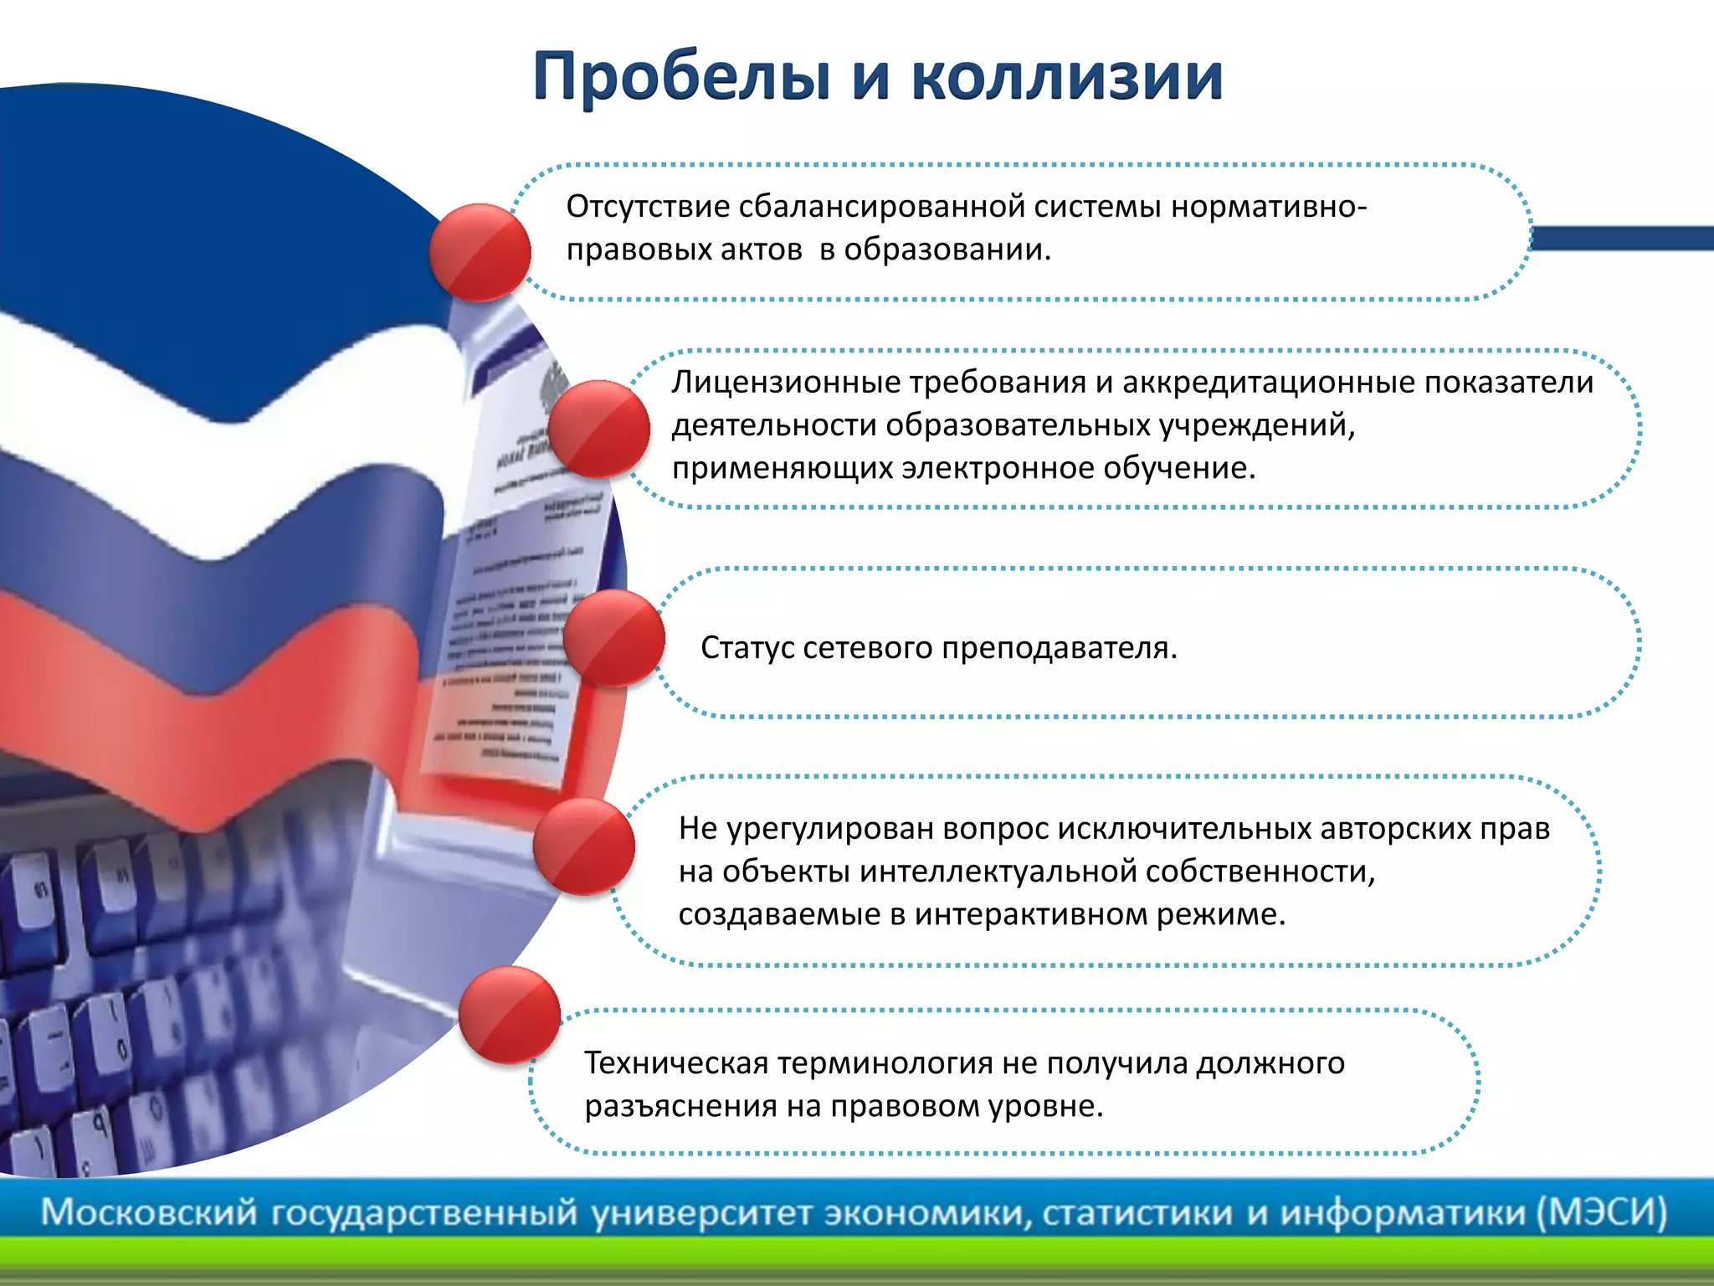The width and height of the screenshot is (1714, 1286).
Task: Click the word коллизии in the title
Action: click(x=1066, y=77)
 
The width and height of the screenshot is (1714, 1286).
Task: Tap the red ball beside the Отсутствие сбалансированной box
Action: click(x=480, y=252)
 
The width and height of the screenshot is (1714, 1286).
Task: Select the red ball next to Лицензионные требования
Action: click(x=599, y=429)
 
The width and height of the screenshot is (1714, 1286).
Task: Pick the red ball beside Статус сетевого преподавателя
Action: click(x=613, y=638)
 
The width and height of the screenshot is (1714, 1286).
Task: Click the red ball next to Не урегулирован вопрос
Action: click(x=583, y=846)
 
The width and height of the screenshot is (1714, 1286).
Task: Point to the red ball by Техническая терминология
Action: click(x=510, y=1015)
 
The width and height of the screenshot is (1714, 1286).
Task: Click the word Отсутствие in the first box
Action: click(x=648, y=206)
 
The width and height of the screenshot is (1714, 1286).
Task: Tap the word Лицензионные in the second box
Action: click(x=786, y=383)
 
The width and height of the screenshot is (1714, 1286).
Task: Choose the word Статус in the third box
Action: click(x=747, y=647)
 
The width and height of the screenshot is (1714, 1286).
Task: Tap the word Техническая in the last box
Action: click(x=676, y=1063)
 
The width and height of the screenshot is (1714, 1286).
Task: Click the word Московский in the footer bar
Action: click(x=149, y=1211)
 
